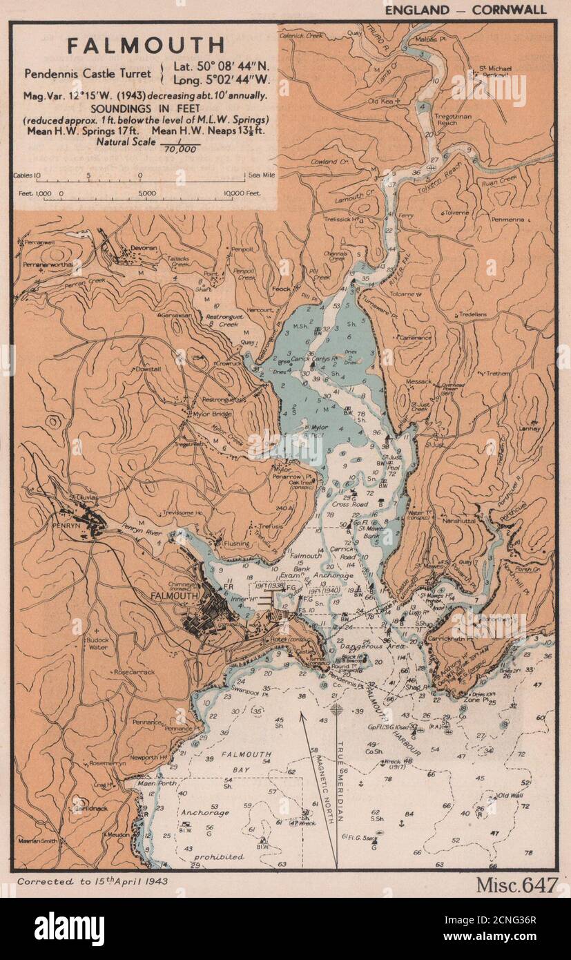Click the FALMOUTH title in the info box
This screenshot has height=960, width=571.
[146, 46]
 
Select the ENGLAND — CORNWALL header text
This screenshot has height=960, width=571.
[465, 9]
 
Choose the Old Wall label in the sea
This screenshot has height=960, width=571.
[511, 796]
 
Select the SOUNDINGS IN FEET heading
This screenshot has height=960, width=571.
[148, 108]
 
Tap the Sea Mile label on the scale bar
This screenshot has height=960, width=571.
[262, 175]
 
